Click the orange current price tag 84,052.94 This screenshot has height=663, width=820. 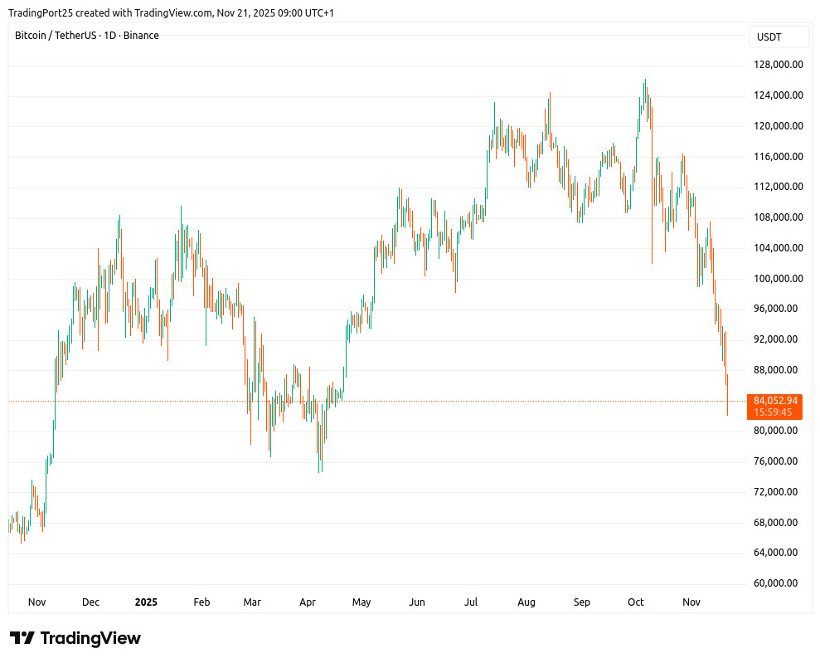[775, 401]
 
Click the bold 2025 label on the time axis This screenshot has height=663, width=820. [146, 602]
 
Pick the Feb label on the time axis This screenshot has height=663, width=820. [201, 602]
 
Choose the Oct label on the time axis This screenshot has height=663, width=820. [636, 602]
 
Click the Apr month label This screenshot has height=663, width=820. [308, 602]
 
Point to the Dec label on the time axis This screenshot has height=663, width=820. [91, 602]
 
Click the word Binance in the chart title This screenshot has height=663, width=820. [141, 36]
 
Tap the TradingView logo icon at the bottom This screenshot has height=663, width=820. [22, 638]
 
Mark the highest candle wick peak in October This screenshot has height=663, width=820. [645, 80]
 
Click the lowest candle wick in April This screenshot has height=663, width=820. [319, 472]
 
